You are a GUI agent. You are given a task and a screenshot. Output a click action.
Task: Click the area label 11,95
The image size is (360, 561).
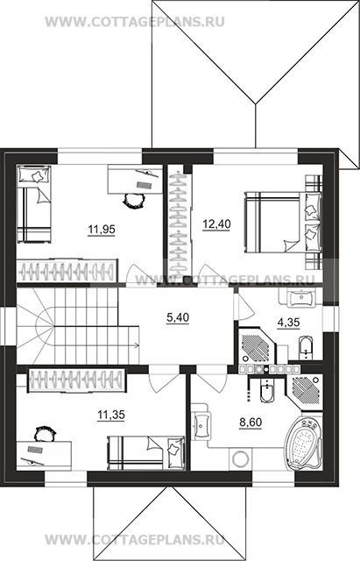tap(102, 229)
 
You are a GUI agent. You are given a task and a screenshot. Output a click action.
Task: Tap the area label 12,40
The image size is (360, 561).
tap(216, 224)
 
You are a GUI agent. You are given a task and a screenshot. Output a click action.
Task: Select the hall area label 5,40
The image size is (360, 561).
tap(178, 317)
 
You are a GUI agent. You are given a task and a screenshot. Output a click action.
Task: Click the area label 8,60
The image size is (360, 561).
tap(251, 423)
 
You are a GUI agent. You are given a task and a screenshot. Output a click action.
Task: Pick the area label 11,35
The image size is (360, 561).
tap(111, 415)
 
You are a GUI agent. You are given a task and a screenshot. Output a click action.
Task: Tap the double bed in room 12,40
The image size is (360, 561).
tap(283, 222)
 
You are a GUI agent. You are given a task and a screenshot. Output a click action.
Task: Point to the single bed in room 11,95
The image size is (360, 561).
tap(34, 204)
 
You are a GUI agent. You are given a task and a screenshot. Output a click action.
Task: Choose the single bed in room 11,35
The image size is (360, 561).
tap(146, 452)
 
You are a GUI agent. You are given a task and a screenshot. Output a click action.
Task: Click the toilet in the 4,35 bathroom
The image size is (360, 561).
tap(305, 347)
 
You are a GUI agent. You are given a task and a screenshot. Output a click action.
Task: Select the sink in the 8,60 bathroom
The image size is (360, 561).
tap(201, 425)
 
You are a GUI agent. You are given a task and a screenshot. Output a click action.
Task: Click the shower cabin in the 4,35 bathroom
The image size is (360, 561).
tap(257, 346)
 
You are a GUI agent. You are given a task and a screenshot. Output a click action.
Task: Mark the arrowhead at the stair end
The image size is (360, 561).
tap(137, 345)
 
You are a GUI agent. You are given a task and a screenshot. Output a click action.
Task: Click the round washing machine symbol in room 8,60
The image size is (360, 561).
tap(240, 458)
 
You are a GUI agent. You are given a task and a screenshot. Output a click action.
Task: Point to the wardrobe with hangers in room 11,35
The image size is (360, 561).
tap(77, 380)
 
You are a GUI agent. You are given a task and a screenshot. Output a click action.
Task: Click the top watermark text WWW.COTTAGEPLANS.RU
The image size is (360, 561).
tap(135, 21)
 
